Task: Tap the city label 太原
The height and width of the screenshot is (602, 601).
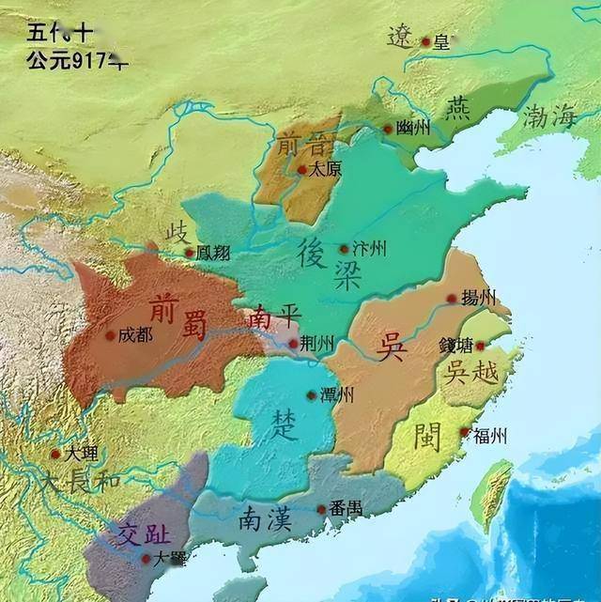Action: (x=326, y=171)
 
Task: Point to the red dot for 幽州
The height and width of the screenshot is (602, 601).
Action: (x=388, y=130)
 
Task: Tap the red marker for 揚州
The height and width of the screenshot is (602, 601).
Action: (x=451, y=299)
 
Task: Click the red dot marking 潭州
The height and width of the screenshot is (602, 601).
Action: (x=312, y=395)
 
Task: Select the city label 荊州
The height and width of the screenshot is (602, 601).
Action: (x=316, y=344)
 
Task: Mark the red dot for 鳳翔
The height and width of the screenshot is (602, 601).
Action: (x=190, y=253)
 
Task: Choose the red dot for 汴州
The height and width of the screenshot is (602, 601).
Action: (x=344, y=249)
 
